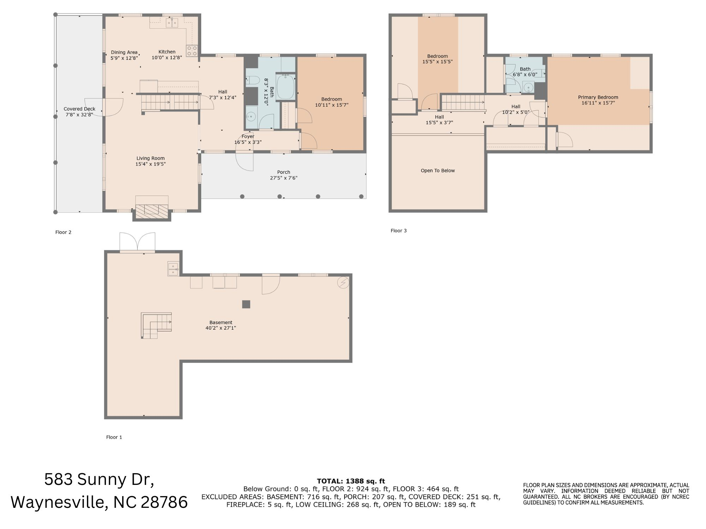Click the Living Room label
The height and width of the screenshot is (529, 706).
pyautogui.click(x=150, y=158)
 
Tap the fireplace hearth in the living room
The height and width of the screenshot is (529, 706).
pyautogui.click(x=152, y=210)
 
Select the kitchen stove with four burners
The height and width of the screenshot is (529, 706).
pyautogui.click(x=192, y=51)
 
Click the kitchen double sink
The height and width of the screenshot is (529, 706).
pyautogui.click(x=172, y=23)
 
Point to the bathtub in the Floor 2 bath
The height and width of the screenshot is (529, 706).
pyautogui.click(x=285, y=87)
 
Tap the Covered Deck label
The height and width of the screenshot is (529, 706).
pyautogui.click(x=79, y=109)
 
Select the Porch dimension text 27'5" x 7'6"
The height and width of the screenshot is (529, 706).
pyautogui.click(x=283, y=178)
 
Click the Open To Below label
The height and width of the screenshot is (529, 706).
pyautogui.click(x=438, y=171)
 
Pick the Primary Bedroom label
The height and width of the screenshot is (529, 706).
pyautogui.click(x=598, y=97)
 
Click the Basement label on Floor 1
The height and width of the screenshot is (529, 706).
pyautogui.click(x=221, y=323)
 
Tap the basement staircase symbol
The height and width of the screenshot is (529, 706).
pyautogui.click(x=156, y=325)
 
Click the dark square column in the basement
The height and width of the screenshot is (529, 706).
pyautogui.click(x=246, y=304)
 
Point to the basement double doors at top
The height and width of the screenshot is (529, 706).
pyautogui.click(x=137, y=242)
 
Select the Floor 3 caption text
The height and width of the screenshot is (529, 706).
pyautogui.click(x=399, y=231)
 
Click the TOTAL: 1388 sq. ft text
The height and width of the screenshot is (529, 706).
pyautogui.click(x=351, y=481)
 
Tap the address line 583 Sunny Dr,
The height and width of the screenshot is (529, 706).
pyautogui.click(x=99, y=480)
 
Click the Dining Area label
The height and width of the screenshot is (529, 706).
pyautogui.click(x=124, y=52)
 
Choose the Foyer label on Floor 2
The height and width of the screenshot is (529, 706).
pyautogui.click(x=248, y=137)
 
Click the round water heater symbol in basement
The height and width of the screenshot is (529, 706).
pyautogui.click(x=343, y=282)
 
